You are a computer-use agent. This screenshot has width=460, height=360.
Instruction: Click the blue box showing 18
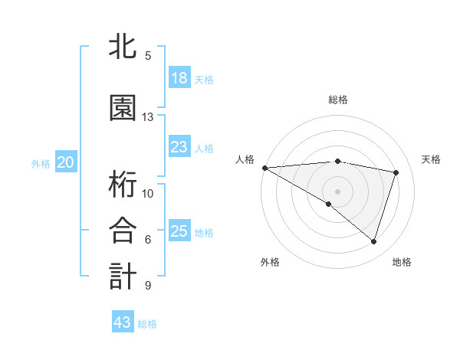pos(179,78)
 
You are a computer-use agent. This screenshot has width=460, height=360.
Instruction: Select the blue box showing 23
pos(179,147)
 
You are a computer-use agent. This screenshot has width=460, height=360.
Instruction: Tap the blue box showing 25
pos(179,231)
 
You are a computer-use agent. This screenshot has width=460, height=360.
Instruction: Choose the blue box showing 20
pos(66,162)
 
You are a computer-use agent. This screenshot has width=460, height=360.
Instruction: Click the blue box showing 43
pos(123,322)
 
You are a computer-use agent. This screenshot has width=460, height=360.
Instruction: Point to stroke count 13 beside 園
pos(148,117)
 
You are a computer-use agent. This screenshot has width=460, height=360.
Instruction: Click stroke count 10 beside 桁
pos(148,193)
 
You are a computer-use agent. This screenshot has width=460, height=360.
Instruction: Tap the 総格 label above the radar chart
pos(338,100)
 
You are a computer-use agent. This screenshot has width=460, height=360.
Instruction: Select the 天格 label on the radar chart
pos(432,159)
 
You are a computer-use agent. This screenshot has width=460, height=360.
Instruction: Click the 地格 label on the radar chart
pos(402,262)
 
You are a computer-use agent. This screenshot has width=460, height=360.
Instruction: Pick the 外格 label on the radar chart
pos(270,262)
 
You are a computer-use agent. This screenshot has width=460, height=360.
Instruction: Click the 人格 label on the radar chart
pos(245,159)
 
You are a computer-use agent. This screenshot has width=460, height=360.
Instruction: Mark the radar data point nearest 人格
pos(264,168)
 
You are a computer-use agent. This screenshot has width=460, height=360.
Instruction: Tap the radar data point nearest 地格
pos(373,242)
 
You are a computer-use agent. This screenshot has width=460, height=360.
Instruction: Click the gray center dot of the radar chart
pos(337,190)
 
